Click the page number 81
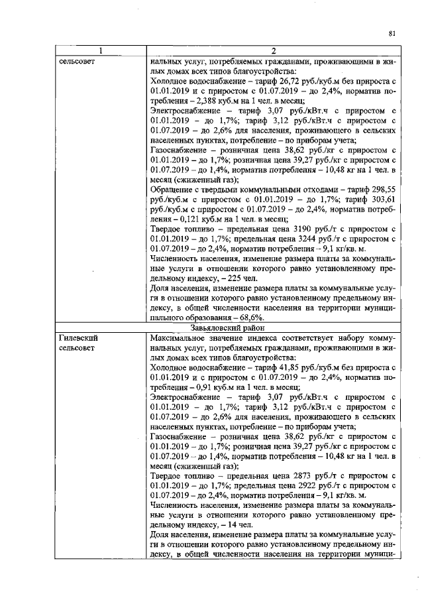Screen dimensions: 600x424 pos(392,34)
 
